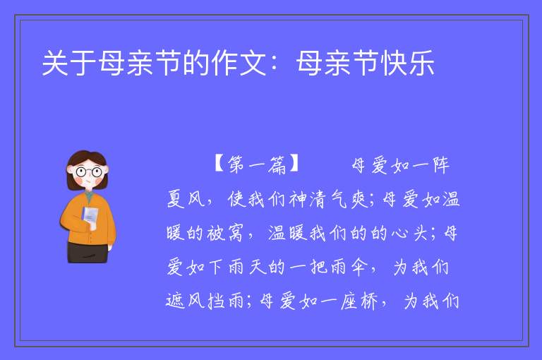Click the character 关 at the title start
pyautogui.click(x=55, y=63)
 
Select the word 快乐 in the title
pyautogui.click(x=407, y=63)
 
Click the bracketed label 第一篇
pyautogui.click(x=255, y=164)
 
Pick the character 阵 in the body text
pyautogui.click(x=440, y=165)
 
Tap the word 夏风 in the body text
pyautogui.click(x=186, y=199)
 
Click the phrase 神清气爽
pyautogui.click(x=329, y=199)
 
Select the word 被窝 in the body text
pyautogui.click(x=225, y=233)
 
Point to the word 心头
pyautogui.click(x=410, y=233)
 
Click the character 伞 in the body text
pyautogui.click(x=361, y=267)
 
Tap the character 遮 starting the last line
pyautogui.click(x=175, y=301)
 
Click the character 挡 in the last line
pyautogui.click(x=217, y=301)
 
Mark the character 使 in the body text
pyautogui.click(x=237, y=199)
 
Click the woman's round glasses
pyautogui.click(x=89, y=172)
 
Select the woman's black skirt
pyautogui.click(x=87, y=253)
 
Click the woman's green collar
pyautogui.click(x=89, y=196)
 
